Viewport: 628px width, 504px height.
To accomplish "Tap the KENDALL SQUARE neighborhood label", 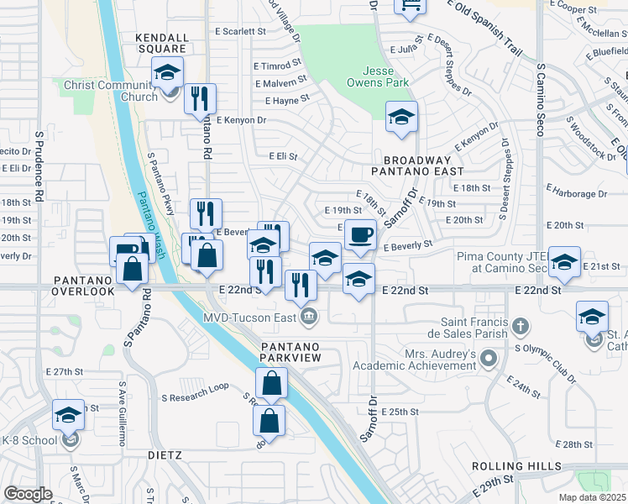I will click(x=162, y=43).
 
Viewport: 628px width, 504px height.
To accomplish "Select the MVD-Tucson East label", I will click(x=251, y=316).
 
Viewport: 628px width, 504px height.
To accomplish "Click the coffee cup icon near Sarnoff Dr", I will click(x=360, y=235).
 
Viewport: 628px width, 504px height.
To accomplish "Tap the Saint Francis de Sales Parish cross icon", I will click(x=521, y=325).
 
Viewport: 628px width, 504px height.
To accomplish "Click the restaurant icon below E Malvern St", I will click(x=200, y=99).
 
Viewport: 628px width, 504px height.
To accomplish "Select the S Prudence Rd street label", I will click(x=39, y=168).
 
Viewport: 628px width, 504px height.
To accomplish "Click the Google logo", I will click(x=28, y=493).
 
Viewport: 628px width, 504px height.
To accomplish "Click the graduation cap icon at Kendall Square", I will click(x=167, y=73).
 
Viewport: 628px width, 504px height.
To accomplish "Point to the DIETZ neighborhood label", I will click(x=164, y=455).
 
